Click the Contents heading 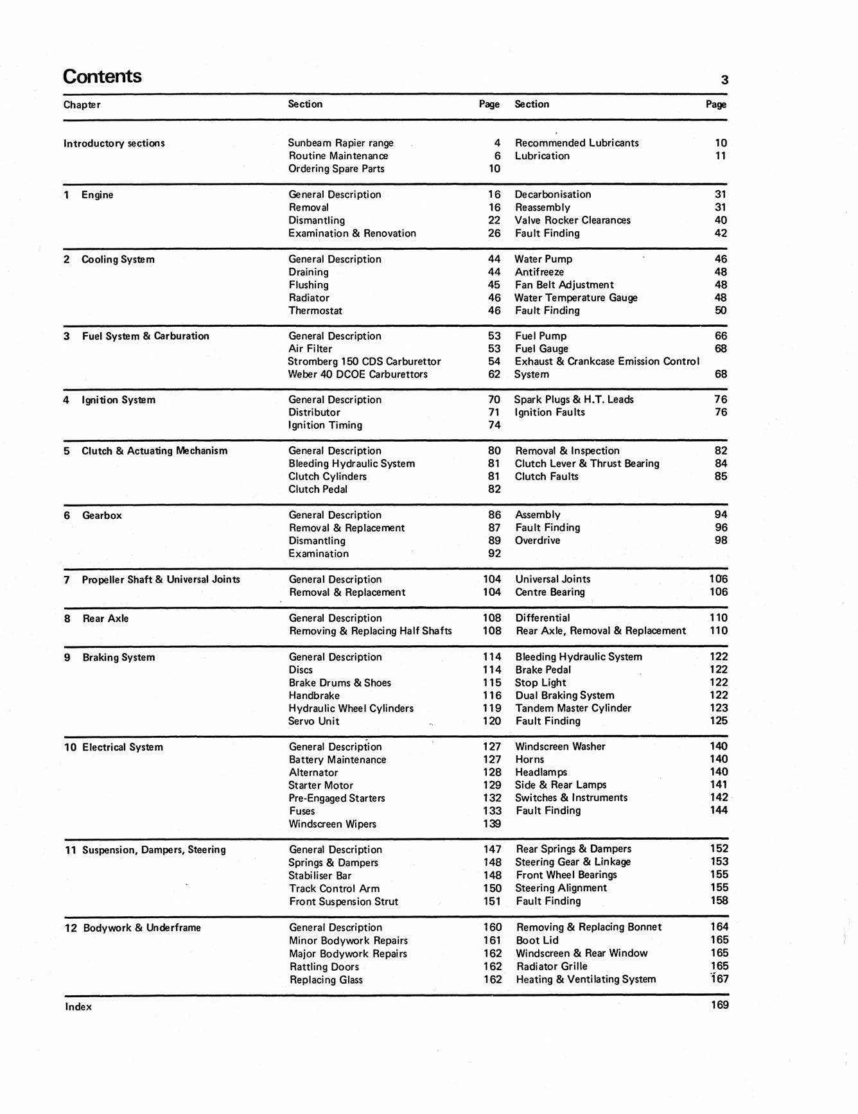pyautogui.click(x=102, y=76)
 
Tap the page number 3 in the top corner pyautogui.click(x=724, y=80)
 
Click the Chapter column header pyautogui.click(x=82, y=105)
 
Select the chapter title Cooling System pyautogui.click(x=118, y=259)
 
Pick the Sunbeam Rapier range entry pyautogui.click(x=340, y=143)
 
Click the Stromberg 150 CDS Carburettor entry pyautogui.click(x=364, y=361)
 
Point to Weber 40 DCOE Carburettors pyautogui.click(x=358, y=374)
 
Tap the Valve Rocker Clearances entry pyautogui.click(x=572, y=220)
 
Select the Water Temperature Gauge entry pyautogui.click(x=575, y=298)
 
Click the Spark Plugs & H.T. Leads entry pyautogui.click(x=573, y=399)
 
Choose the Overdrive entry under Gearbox pyautogui.click(x=538, y=541)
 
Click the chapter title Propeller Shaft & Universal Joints pyautogui.click(x=161, y=580)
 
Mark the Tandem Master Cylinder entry pyautogui.click(x=573, y=708)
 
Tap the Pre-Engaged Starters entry pyautogui.click(x=337, y=798)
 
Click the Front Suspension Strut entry pyautogui.click(x=344, y=901)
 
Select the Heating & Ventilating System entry pyautogui.click(x=586, y=979)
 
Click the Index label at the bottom pyautogui.click(x=78, y=1007)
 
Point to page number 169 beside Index pyautogui.click(x=719, y=1005)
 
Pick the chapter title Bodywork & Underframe pyautogui.click(x=141, y=928)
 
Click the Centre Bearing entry pyautogui.click(x=550, y=592)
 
